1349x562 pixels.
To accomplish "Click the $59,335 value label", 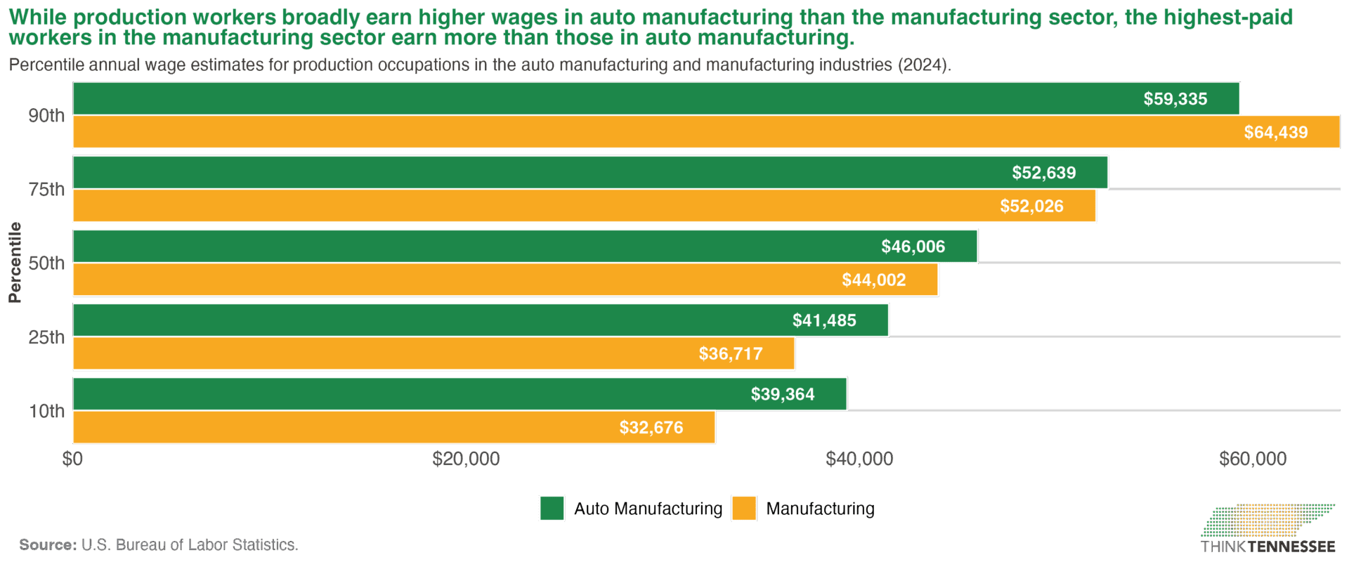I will (1175, 99).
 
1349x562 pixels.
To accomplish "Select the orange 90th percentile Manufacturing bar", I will (703, 132).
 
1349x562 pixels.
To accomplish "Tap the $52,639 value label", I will (1043, 173).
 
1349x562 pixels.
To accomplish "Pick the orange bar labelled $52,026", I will (583, 206).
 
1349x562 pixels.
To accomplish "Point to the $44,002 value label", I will (873, 280).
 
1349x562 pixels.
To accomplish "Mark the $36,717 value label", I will (730, 354).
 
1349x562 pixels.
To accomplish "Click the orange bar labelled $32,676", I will (393, 427).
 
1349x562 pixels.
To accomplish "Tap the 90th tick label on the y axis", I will (46, 116).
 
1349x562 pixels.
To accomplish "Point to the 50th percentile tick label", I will (46, 263).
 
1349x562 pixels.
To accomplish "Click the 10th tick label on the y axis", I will (46, 411).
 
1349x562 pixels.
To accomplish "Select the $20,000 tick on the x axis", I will (466, 459).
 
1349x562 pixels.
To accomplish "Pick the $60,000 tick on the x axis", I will (1252, 459).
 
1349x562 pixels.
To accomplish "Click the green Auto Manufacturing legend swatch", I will (552, 509).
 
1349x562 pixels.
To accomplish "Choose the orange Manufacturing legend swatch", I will (744, 509).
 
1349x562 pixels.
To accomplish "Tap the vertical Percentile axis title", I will (15, 262).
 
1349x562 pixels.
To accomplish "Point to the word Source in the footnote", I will (48, 545).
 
